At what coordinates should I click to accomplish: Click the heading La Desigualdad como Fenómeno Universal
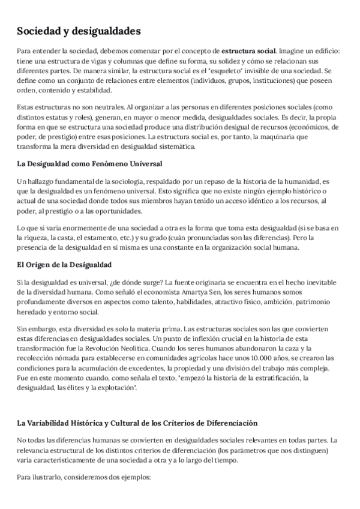click(x=89, y=164)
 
